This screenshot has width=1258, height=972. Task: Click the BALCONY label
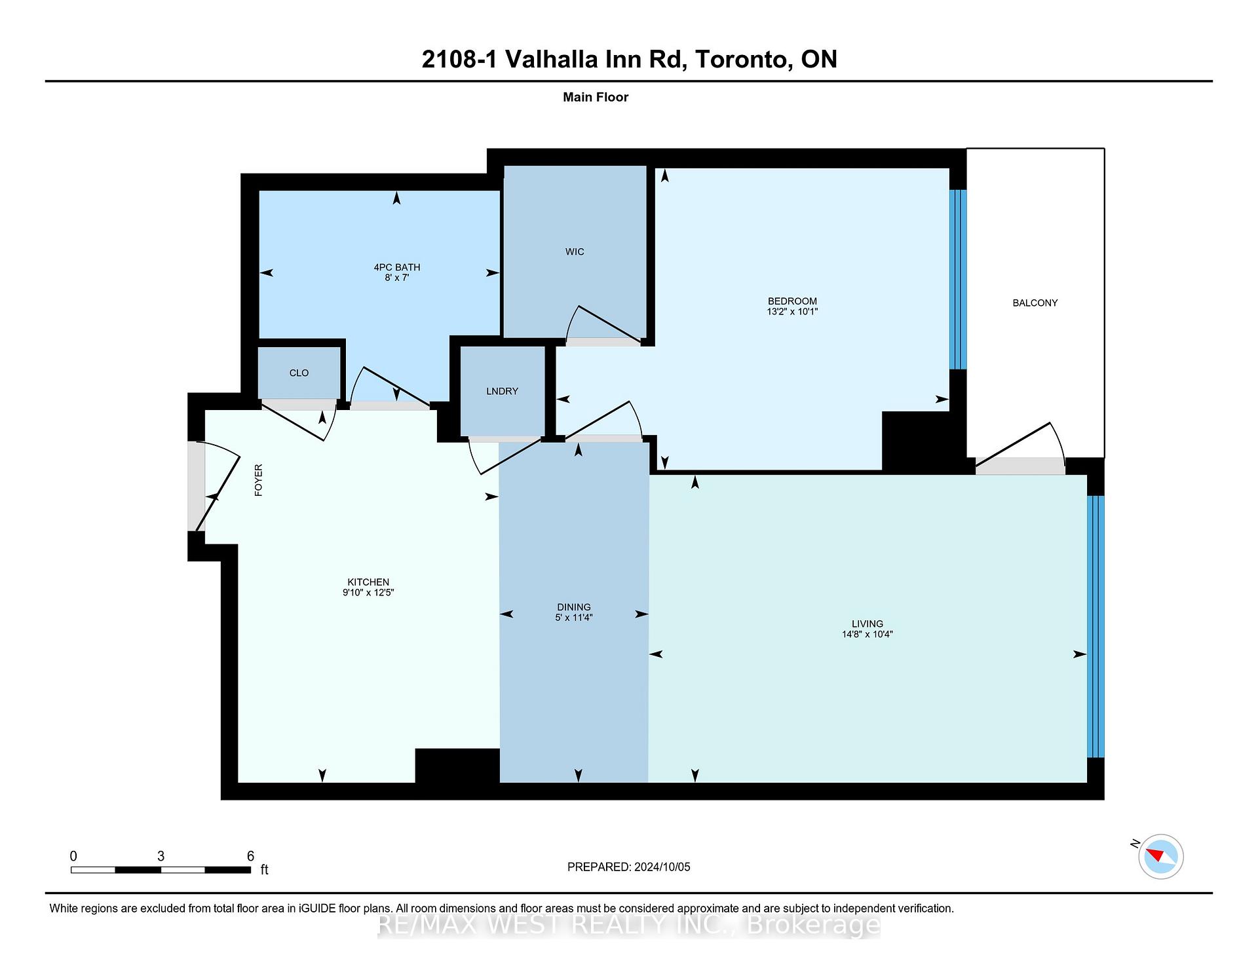[x=1035, y=303]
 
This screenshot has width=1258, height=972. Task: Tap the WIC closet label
[x=575, y=252]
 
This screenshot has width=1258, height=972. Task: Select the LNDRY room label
[x=502, y=391]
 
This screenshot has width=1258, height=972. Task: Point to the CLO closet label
[x=299, y=373]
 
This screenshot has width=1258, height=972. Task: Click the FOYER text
[x=258, y=480]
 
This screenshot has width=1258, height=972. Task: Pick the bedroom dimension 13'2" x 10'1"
[x=792, y=312]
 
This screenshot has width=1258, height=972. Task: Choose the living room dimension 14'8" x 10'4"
[x=867, y=634]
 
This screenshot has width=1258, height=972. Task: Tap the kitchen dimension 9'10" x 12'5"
[x=368, y=592]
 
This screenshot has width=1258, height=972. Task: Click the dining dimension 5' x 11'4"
[x=574, y=617]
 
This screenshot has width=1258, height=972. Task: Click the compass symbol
[x=1161, y=856]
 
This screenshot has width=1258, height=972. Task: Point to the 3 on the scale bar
[x=161, y=856]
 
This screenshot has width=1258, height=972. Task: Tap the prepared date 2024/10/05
[x=662, y=867]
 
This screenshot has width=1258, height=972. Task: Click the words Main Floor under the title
[x=596, y=97]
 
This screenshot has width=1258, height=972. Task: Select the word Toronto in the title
[x=740, y=59]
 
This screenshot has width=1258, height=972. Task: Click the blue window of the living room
[x=1096, y=627]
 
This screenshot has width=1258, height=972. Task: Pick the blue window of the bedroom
[x=958, y=280]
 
